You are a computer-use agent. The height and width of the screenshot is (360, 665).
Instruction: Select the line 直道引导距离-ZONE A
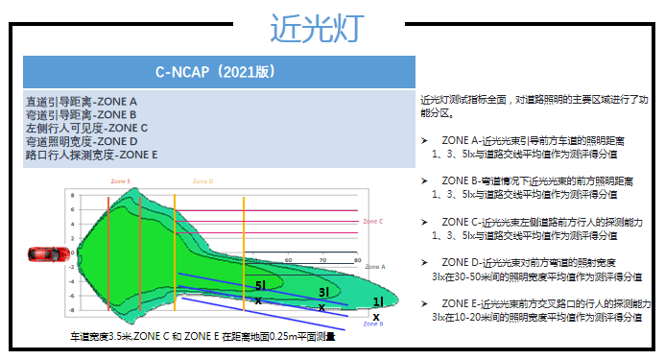pos(82,101)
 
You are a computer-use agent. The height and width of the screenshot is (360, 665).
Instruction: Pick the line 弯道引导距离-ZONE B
pos(82,114)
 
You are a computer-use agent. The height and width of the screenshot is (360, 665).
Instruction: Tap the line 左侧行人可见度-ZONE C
pos(86,128)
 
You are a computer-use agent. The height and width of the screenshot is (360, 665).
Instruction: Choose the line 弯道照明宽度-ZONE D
pos(82,141)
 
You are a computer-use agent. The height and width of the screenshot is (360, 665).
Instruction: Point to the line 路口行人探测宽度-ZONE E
pos(92,155)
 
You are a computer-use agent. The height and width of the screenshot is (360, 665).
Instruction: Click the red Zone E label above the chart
pos(121,180)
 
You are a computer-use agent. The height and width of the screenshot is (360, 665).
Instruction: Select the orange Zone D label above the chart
pos(202,180)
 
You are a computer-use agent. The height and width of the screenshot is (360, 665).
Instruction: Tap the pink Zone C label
pos(373,221)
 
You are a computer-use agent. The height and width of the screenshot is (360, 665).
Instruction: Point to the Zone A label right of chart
pos(374,266)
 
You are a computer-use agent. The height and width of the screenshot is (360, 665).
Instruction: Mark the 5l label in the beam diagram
pos(260,285)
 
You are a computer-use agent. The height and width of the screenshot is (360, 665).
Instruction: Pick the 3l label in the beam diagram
pos(323,292)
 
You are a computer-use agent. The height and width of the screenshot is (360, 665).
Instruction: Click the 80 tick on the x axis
pos(357,259)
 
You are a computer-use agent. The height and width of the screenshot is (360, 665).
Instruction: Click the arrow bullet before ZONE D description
pos(424,262)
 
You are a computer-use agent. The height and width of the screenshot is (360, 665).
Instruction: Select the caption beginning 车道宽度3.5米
pos(202,337)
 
